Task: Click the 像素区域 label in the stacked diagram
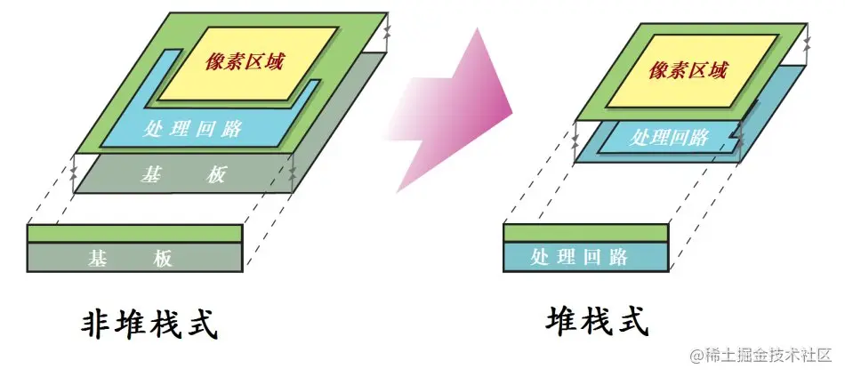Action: tap(683, 69)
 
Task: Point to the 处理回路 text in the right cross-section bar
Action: tap(579, 258)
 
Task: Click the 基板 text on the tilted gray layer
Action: tap(183, 175)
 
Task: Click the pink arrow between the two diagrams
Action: tap(458, 111)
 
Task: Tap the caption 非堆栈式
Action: tap(150, 325)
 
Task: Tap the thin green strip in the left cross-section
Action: tap(134, 234)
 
